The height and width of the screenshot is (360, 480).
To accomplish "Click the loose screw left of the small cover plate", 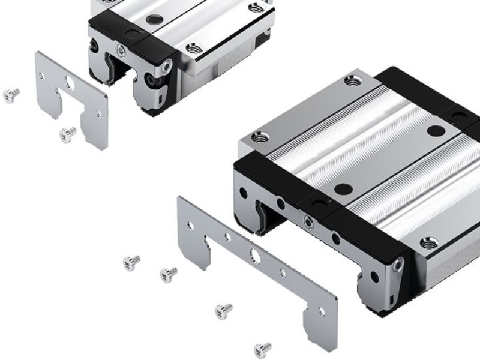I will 11,94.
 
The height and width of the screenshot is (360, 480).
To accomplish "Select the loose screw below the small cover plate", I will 68,133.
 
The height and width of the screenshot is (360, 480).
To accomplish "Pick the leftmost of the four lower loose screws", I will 131,262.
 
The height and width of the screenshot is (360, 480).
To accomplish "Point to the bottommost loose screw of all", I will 262,349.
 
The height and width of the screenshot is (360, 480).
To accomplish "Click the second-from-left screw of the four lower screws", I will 168,275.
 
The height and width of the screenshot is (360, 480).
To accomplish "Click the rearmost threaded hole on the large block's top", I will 352,82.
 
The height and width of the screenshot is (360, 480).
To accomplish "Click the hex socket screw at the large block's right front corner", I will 400,262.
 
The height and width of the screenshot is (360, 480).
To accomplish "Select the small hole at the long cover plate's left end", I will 190,226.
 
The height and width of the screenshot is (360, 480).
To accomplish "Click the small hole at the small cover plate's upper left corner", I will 41,75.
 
